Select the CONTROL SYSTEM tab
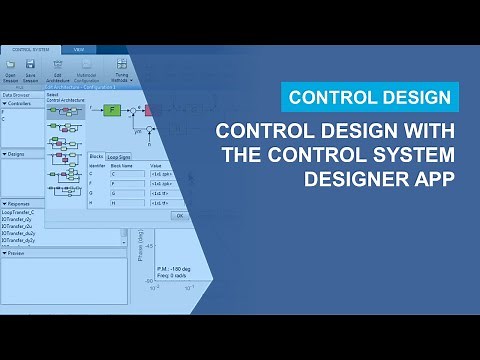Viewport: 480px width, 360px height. tap(27, 49)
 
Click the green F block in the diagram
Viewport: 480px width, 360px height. tap(112, 109)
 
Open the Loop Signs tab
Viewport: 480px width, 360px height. tap(120, 157)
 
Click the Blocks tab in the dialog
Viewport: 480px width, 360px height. tap(96, 157)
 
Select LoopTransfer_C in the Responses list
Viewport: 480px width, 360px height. tap(19, 213)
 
